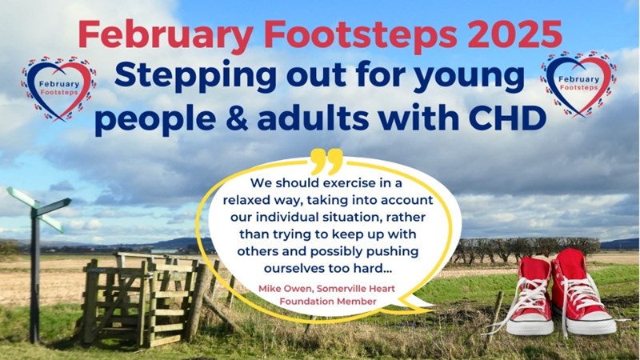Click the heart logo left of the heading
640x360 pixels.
(58, 89)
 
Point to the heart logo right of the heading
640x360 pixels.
(578, 85)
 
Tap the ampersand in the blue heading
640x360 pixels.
(235, 118)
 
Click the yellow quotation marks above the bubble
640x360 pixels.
(326, 162)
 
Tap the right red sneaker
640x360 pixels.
(582, 292)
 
